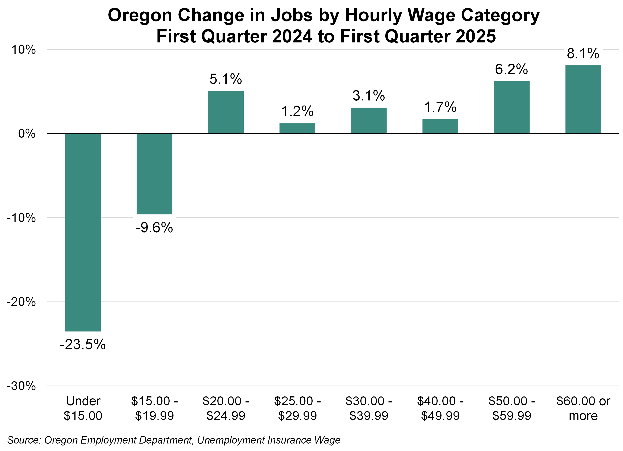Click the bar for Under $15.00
pos(83,232)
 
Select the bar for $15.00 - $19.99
pos(154,174)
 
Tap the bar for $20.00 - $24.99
pos(226,112)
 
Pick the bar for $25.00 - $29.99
pos(297,128)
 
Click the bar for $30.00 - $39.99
pos(369,120)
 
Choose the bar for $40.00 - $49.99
pos(440,126)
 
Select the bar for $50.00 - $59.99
pos(511,107)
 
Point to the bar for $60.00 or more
pos(583,99)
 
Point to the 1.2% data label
pos(297,111)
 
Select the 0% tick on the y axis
pos(27,134)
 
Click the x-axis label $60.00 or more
pos(583,408)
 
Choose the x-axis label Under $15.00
pos(83,408)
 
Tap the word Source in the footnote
pos(24,440)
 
